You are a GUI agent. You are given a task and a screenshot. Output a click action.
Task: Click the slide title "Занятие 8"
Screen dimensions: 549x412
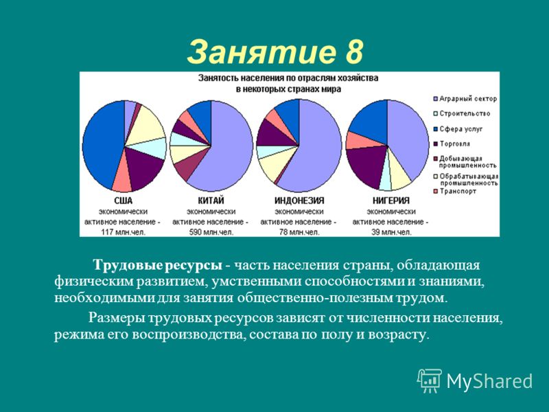pyautogui.click(x=275, y=52)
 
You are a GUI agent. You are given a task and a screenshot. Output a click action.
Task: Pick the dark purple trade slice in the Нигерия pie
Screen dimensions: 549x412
pyautogui.click(x=366, y=165)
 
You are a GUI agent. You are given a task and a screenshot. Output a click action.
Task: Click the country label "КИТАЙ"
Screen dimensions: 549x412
pyautogui.click(x=211, y=201)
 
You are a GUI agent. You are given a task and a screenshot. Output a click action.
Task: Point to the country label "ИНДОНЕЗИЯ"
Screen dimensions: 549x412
pyautogui.click(x=299, y=201)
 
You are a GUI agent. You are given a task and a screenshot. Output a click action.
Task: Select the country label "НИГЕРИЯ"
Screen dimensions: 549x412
pyautogui.click(x=390, y=201)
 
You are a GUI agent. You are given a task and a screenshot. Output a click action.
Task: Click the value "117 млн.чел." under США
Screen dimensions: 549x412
pyautogui.click(x=123, y=232)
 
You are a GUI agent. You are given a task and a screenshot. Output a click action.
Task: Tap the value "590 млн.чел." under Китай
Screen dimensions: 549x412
pyautogui.click(x=211, y=232)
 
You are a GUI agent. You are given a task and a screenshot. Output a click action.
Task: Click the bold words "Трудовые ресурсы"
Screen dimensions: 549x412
pyautogui.click(x=158, y=266)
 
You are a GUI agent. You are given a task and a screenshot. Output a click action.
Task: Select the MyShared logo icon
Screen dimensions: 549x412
pyautogui.click(x=430, y=380)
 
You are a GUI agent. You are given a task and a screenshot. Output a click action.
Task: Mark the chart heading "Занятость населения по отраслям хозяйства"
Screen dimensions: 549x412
pyautogui.click(x=288, y=78)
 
